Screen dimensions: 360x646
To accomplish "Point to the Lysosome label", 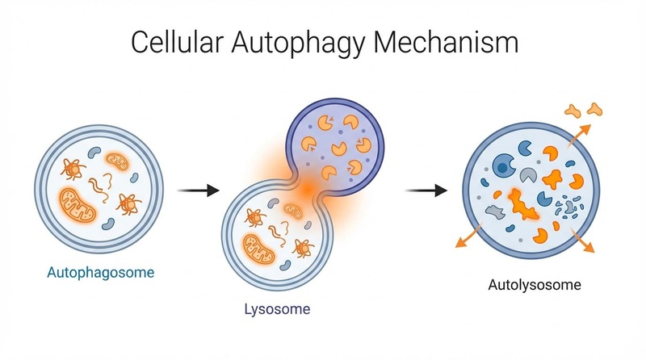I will (277, 309).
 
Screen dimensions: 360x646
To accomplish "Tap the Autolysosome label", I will (535, 284).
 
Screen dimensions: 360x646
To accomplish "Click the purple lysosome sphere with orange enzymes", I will (333, 144).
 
